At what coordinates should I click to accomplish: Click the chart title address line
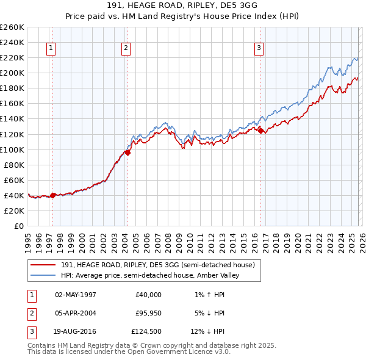point(183,6)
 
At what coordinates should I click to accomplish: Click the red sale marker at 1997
point(53,195)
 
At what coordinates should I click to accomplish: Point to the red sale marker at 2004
point(127,153)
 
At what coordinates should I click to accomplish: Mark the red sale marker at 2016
point(261,131)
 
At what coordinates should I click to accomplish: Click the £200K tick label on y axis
point(12,73)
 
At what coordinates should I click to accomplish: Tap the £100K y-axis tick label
point(12,149)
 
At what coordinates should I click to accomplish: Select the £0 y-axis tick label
point(18,226)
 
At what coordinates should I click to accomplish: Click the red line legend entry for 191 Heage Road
point(152,265)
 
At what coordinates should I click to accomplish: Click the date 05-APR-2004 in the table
point(75,313)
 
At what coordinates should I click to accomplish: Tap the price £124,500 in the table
point(146,332)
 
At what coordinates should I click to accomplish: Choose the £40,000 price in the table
point(148,294)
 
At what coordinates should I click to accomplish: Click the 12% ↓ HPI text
point(206,332)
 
